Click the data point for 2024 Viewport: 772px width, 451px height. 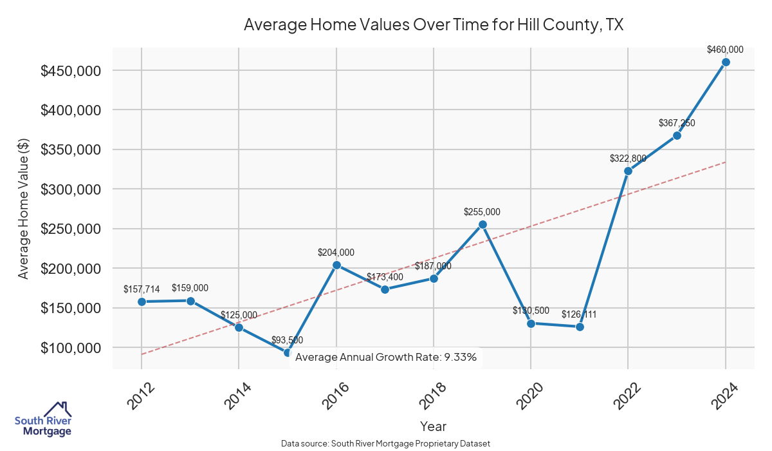coord(726,62)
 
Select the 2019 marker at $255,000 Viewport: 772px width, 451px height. coord(482,224)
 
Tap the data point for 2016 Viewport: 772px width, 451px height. coord(336,265)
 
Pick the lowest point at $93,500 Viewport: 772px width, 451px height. coord(288,352)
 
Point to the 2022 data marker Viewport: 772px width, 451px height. coord(628,171)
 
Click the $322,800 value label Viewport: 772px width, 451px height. coord(628,158)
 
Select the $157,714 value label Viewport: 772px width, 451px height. coord(142,289)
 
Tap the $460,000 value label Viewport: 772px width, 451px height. coord(725,49)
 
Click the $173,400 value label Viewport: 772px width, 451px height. coord(385,277)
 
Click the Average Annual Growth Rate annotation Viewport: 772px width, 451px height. coord(386,357)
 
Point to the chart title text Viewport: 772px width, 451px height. coord(434,25)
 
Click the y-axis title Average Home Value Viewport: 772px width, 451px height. coord(23,209)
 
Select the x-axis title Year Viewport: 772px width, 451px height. coord(433,426)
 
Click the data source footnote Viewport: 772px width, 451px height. coord(386,444)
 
